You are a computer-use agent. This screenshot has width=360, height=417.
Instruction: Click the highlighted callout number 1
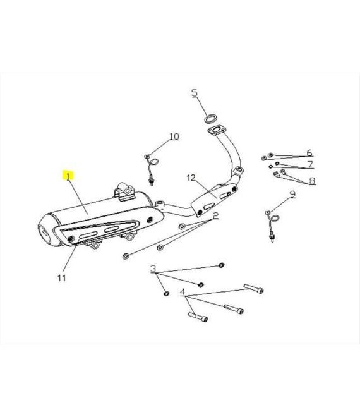point(69,176)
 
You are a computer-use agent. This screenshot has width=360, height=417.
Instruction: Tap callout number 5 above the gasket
point(195,93)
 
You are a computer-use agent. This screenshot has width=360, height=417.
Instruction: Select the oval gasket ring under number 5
point(211,119)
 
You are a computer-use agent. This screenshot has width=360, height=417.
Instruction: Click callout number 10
point(174,136)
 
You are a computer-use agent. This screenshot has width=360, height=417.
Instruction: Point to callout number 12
point(191,178)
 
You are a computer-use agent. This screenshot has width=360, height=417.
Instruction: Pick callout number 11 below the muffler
point(62,278)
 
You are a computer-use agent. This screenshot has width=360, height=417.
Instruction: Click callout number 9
point(292,195)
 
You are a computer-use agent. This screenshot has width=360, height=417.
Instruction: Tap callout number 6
point(309,153)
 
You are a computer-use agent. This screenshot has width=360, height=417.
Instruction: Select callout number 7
point(310,164)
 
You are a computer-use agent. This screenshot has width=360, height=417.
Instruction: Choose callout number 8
point(312,181)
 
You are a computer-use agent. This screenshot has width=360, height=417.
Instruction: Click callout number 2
point(215,215)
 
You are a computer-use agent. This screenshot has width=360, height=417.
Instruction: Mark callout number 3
point(153,269)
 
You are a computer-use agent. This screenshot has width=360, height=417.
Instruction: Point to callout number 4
point(183,292)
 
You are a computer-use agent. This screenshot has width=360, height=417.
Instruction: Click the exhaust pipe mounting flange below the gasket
point(217,130)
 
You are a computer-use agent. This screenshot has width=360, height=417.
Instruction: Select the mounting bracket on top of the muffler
point(125,191)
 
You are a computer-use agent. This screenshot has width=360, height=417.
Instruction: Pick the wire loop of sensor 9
point(275,219)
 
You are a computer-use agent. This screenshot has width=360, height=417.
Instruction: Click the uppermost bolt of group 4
point(254,289)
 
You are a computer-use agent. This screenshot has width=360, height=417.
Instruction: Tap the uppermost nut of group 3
point(221,265)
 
